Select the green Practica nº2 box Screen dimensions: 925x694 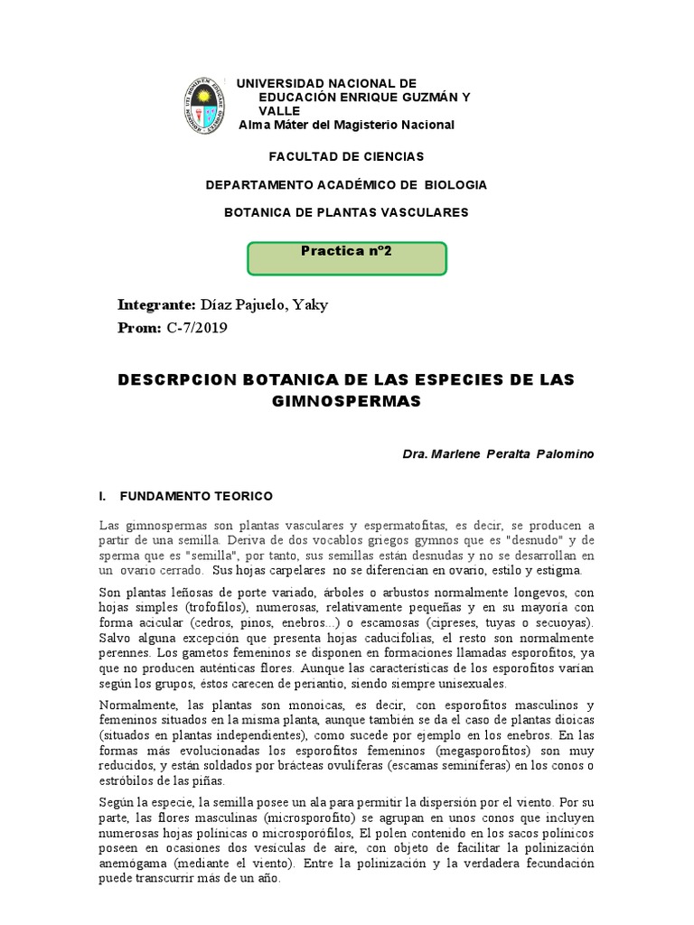[x=347, y=257]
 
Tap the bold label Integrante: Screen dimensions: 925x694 [x=156, y=304]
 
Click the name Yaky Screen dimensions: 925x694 [x=309, y=304]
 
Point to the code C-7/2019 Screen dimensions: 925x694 [x=197, y=327]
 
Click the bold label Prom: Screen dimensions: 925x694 [x=139, y=327]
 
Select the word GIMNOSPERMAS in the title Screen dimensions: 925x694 [x=346, y=401]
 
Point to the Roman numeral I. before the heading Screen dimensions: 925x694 [x=102, y=497]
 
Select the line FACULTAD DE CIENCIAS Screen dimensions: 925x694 [x=347, y=156]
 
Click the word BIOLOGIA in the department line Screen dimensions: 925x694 [x=457, y=184]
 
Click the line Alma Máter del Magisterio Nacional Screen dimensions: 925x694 [x=346, y=124]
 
